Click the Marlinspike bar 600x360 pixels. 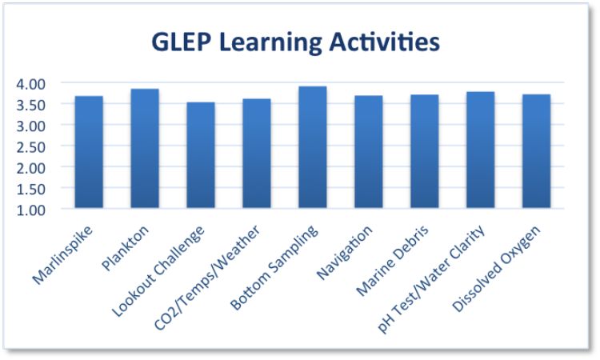(x=89, y=152)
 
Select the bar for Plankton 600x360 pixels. (x=145, y=149)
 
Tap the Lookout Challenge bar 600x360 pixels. (x=201, y=155)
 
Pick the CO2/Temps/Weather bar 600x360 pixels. (x=257, y=154)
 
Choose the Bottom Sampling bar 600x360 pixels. (x=313, y=147)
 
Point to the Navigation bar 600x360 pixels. (x=368, y=152)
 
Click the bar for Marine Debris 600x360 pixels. (x=424, y=151)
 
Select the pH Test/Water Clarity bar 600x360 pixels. (x=480, y=150)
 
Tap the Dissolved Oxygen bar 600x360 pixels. (x=536, y=151)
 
